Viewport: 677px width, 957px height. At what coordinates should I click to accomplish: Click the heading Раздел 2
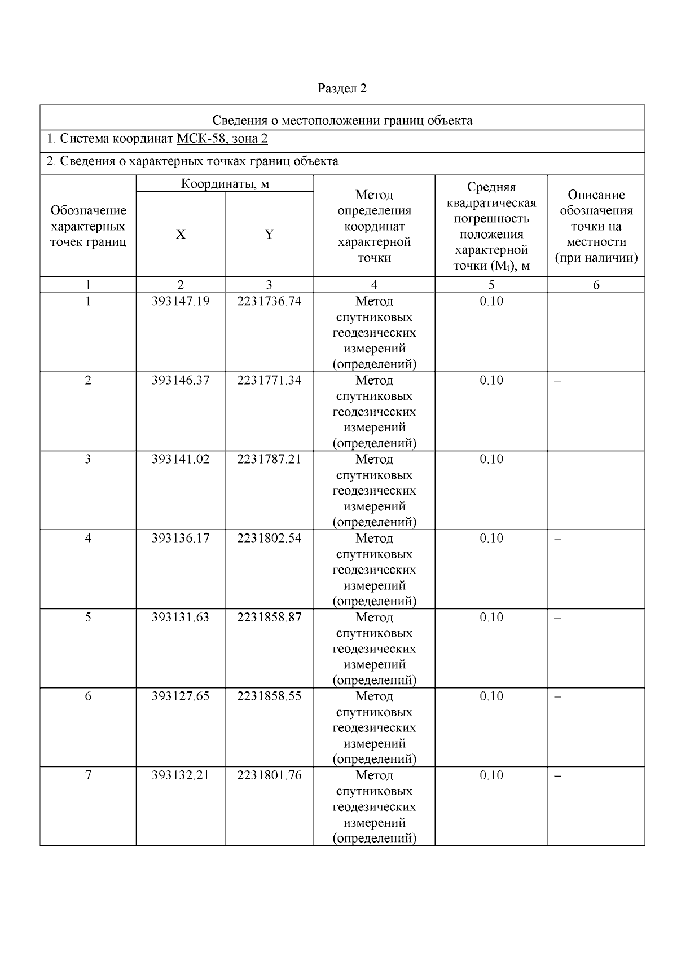342,89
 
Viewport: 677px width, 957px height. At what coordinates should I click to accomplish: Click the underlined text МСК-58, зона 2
222,139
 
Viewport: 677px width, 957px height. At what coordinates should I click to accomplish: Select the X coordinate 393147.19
181,301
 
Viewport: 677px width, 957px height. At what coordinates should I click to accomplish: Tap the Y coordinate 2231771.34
269,380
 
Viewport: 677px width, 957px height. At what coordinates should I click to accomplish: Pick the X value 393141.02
181,459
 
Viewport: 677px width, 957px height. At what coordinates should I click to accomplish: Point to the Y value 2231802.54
269,538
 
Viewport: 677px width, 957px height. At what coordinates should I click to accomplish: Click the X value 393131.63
181,617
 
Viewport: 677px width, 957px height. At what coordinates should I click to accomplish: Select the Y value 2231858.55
269,696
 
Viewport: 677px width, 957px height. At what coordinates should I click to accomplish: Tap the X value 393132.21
181,775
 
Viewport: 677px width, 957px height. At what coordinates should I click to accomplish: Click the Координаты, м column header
225,184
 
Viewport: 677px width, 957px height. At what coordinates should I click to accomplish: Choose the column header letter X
181,234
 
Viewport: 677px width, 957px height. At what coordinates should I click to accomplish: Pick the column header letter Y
269,234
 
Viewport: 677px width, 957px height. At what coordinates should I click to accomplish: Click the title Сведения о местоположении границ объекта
342,120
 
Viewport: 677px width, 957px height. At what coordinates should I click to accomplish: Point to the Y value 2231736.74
269,301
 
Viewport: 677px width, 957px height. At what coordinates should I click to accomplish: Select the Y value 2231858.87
269,617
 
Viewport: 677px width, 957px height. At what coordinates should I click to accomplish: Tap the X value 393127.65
181,696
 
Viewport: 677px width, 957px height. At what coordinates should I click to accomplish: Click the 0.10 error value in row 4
491,538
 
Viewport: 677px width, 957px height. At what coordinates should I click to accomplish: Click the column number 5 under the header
491,285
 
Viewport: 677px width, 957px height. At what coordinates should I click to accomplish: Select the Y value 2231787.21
269,459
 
